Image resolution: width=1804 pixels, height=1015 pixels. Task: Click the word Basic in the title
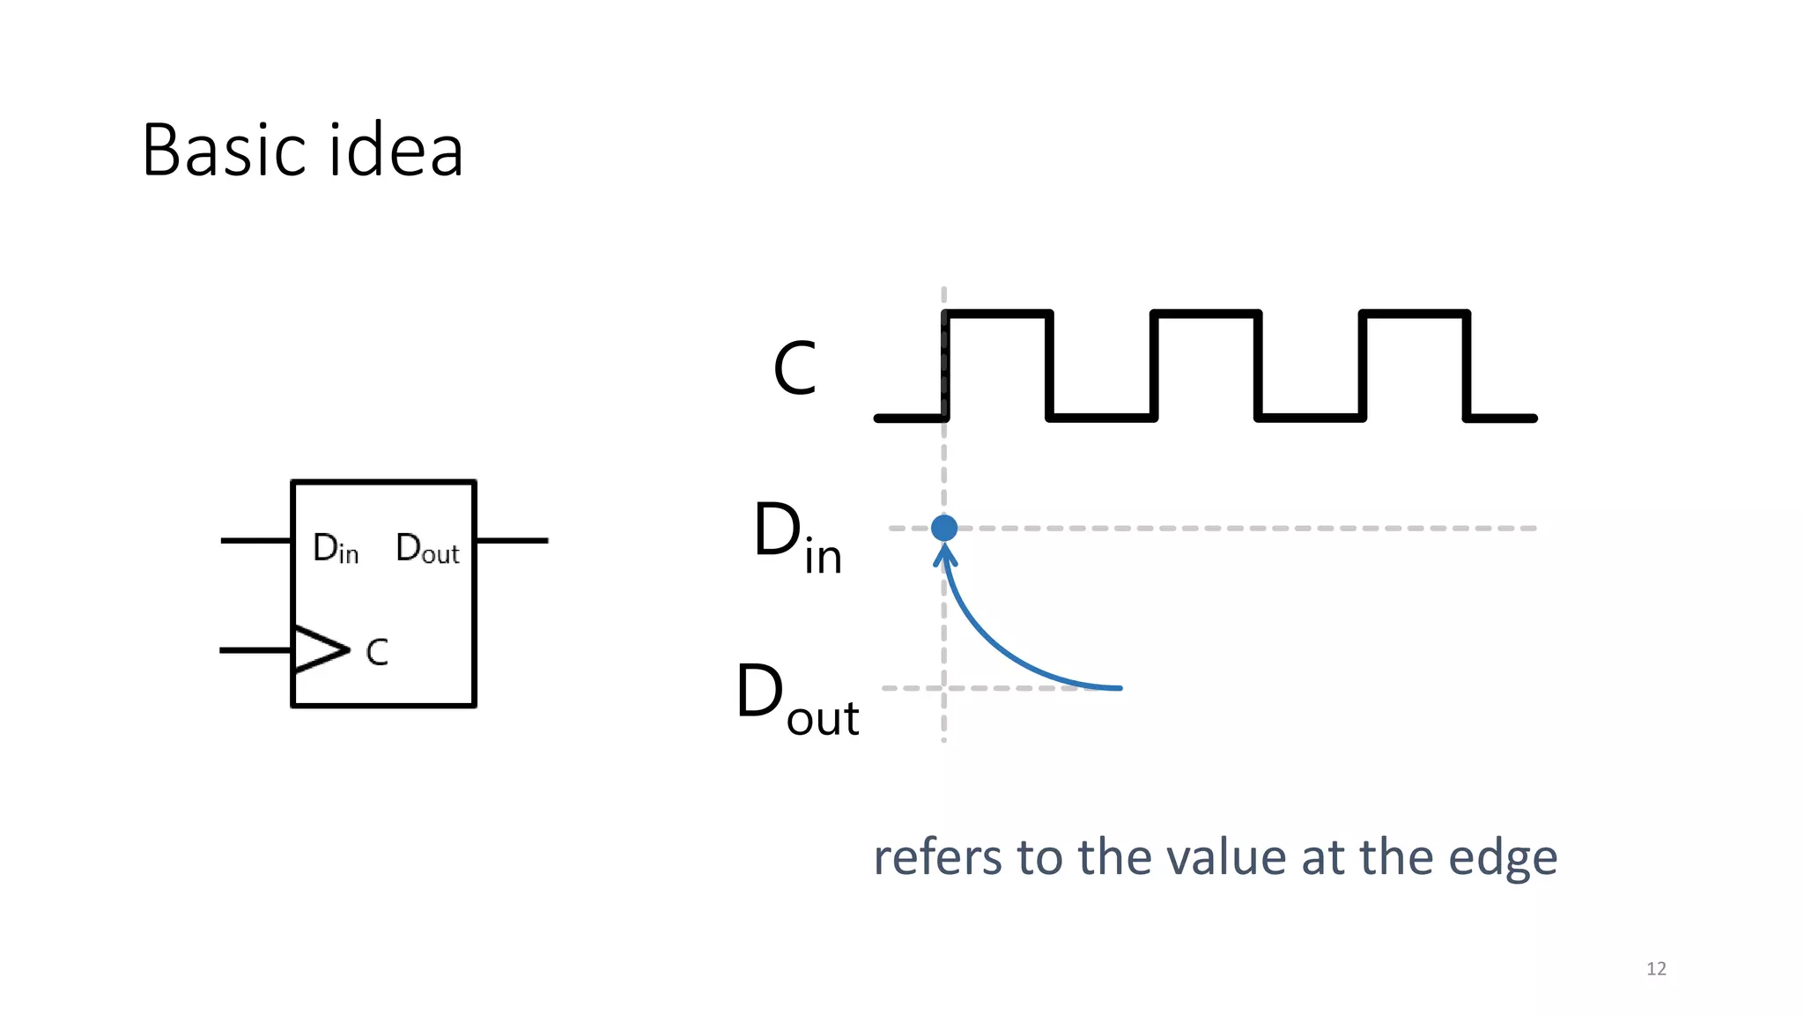coord(222,151)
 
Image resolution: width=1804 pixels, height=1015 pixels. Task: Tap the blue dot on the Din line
coord(943,528)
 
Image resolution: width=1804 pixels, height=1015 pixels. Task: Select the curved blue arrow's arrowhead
coord(945,555)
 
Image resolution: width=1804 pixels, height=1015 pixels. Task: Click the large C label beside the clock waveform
coord(795,368)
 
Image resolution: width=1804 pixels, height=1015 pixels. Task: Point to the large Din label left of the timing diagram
coord(796,537)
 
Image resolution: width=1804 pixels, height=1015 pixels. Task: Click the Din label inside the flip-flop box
coord(336,548)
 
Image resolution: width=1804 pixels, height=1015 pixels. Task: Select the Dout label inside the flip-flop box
coord(427,548)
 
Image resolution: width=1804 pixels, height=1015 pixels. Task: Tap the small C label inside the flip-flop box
coord(377,652)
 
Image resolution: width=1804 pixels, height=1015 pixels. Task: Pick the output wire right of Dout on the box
coord(512,540)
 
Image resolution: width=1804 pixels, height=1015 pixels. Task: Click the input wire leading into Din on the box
coord(255,540)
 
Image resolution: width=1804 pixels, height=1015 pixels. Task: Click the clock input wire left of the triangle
coord(255,650)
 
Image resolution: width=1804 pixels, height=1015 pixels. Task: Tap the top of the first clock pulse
coord(998,314)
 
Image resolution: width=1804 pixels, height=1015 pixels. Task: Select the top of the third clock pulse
coord(1415,314)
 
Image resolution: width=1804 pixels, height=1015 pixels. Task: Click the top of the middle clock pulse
coord(1206,314)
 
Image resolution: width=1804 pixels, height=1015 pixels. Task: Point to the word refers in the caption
coord(937,857)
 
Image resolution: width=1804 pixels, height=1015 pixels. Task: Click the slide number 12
coord(1656,968)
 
